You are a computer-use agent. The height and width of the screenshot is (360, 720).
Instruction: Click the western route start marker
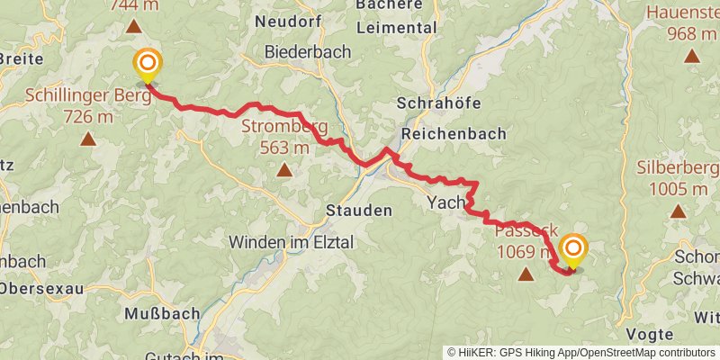click(x=147, y=65)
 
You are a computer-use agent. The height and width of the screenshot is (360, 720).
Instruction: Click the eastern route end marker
click(x=572, y=249)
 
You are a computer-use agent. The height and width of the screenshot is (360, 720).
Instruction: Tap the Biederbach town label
click(x=308, y=52)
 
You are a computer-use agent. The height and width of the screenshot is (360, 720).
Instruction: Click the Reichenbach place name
click(x=454, y=133)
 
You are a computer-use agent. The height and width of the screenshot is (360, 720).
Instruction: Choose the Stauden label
click(x=358, y=211)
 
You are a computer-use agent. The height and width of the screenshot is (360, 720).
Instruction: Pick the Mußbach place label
click(x=157, y=317)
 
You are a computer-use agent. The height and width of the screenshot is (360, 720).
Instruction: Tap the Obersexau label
click(x=41, y=289)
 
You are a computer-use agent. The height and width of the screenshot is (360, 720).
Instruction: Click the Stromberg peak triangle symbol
click(x=284, y=169)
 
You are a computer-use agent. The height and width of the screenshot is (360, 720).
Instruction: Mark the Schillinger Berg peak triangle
click(x=88, y=139)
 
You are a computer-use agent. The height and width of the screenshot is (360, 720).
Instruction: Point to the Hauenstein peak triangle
click(x=691, y=57)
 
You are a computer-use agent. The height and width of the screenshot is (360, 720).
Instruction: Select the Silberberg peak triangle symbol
click(x=677, y=211)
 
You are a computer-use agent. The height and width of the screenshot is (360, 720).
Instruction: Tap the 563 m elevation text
click(x=283, y=148)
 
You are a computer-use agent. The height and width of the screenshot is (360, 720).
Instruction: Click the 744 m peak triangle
click(x=133, y=26)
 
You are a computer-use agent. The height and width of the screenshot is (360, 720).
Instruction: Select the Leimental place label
click(x=396, y=28)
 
